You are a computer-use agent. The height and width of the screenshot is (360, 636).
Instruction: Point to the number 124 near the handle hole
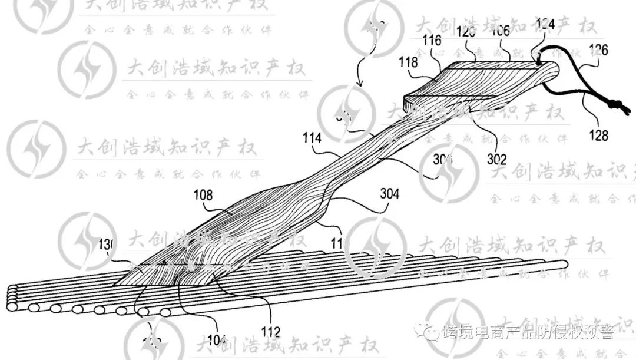tap(545, 25)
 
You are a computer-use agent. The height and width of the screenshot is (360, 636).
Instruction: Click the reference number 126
tap(597, 49)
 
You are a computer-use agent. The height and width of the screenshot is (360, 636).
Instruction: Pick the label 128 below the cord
tap(598, 136)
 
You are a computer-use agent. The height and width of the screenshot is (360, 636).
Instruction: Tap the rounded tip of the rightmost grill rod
tap(564, 265)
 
